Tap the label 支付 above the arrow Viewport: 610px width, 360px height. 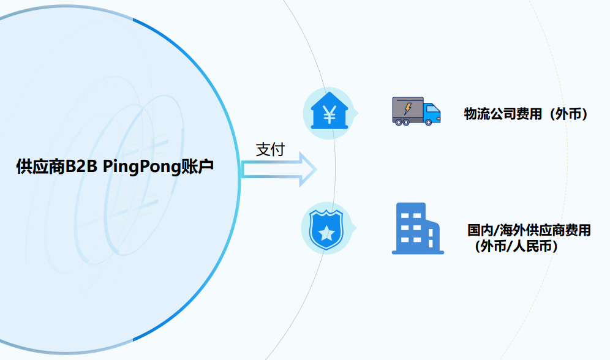[x=270, y=149]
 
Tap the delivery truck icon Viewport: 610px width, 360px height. [x=416, y=111]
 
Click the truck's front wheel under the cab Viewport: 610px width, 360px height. [x=429, y=122]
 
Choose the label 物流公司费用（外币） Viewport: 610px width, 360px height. [x=525, y=113]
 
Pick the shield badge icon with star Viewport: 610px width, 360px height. [x=326, y=228]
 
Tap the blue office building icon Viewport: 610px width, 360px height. [x=417, y=228]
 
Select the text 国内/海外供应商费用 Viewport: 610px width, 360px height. [x=529, y=231]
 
